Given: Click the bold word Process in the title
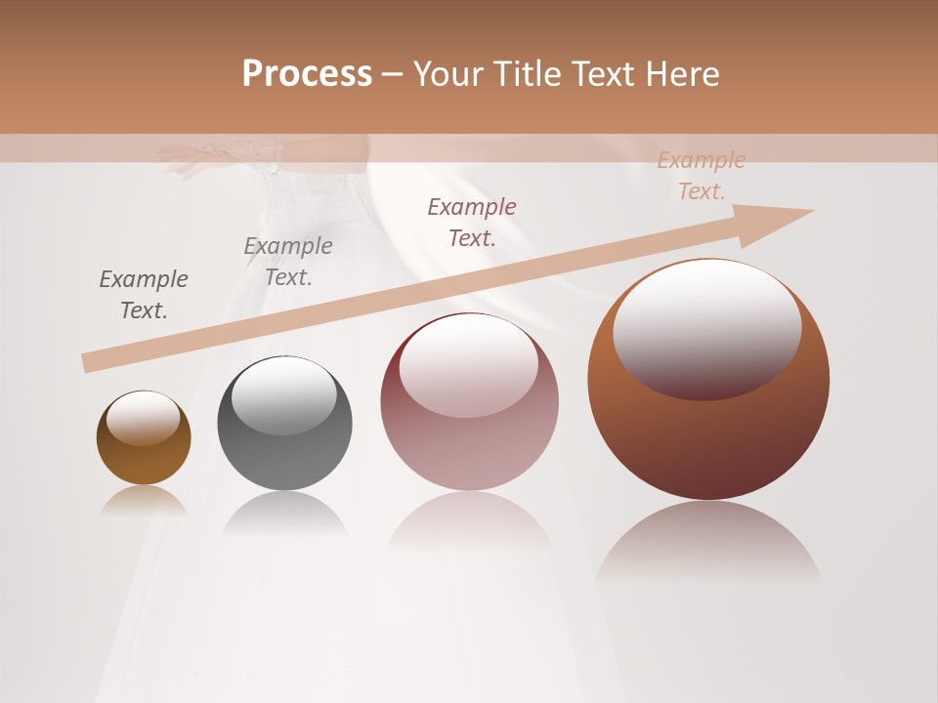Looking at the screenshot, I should tap(307, 74).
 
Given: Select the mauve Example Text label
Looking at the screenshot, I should tap(472, 222).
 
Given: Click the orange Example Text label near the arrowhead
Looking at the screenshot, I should tap(702, 176).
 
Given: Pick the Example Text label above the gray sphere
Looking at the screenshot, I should tap(288, 262).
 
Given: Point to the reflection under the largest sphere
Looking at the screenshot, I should tap(708, 542).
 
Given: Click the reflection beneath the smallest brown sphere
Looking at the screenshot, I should tap(144, 500).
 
